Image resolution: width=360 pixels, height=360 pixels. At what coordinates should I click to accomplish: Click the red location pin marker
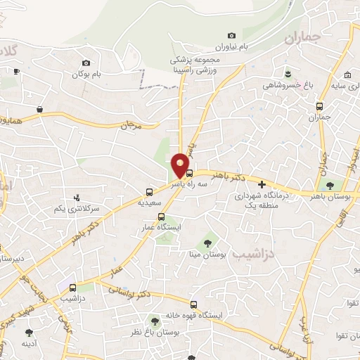coord(181,165)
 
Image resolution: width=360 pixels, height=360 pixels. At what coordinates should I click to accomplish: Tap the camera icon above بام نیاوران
coord(232,36)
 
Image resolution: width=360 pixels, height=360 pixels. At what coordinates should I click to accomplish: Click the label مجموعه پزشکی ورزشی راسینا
coord(192,66)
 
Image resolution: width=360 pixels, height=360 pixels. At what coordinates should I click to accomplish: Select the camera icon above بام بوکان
coord(86,63)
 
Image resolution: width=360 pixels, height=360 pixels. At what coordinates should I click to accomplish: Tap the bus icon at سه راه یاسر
coord(189,172)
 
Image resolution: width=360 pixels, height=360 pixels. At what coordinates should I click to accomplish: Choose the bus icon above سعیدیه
coord(149,192)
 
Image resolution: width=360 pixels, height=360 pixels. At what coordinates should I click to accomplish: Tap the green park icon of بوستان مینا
coord(207,242)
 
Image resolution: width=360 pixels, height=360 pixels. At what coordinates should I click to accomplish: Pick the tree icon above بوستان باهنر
coord(330,186)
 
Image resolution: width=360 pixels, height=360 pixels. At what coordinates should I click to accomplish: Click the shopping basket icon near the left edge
coord(41,109)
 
